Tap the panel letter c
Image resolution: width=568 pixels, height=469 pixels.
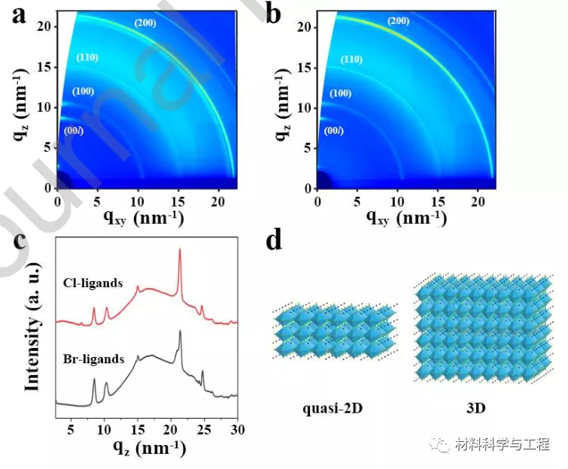17,246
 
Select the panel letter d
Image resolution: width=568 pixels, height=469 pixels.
275,241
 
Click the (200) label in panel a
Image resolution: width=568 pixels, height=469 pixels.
146,23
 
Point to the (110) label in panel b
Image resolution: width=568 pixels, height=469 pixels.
351,59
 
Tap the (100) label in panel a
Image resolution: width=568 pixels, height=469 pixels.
83,92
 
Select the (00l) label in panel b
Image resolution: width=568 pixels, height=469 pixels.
333,132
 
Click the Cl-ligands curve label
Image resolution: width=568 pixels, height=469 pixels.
93,285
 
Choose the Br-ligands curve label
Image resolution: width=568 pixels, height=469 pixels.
94,359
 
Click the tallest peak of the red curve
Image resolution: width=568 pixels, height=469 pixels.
180,252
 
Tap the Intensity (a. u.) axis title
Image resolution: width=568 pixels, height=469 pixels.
32,331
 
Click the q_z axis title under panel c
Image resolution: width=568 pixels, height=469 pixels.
144,449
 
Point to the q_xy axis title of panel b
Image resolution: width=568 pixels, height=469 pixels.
405,218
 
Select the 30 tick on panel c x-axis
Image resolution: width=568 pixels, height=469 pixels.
237,429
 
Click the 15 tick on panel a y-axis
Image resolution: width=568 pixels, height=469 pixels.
47,68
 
